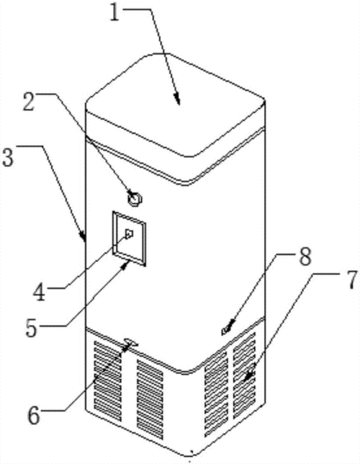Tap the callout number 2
point(30,102)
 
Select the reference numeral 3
point(8,157)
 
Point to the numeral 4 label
point(40,291)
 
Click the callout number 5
point(32,327)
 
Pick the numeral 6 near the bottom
point(33,415)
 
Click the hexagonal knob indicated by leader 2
point(135,197)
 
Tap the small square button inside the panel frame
point(130,233)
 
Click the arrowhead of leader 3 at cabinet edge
point(83,237)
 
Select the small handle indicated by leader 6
point(131,343)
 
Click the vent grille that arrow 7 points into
point(244,375)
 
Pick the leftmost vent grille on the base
point(108,381)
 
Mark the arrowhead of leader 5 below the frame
point(126,264)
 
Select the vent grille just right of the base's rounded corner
point(216,393)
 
